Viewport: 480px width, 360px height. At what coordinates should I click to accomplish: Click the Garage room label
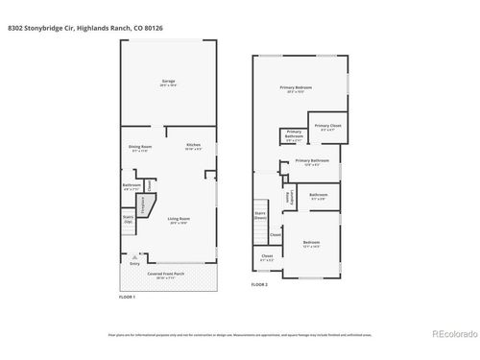pyautogui.click(x=168, y=84)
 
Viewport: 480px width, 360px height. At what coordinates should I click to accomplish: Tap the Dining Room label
pyautogui.click(x=141, y=147)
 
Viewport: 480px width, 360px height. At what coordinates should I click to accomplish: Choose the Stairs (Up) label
pyautogui.click(x=128, y=220)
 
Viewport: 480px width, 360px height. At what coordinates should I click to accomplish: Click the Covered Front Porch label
pyautogui.click(x=167, y=275)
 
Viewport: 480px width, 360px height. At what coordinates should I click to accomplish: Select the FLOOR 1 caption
pyautogui.click(x=127, y=297)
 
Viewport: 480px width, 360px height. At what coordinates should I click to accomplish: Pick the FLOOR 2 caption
pyautogui.click(x=260, y=285)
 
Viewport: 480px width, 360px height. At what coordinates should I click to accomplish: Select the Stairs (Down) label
pyautogui.click(x=260, y=216)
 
